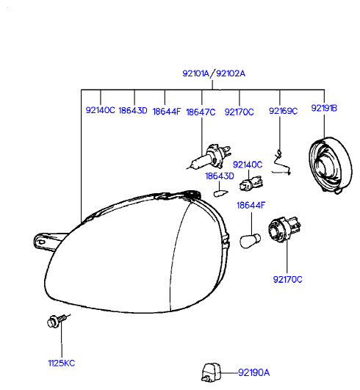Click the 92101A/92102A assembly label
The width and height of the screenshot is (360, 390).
click(x=214, y=73)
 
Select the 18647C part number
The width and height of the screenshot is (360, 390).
click(x=201, y=112)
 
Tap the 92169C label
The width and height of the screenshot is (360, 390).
click(x=283, y=111)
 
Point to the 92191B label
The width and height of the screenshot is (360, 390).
click(x=324, y=108)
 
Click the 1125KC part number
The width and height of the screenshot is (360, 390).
click(x=62, y=363)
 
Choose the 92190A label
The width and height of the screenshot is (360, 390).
click(x=254, y=373)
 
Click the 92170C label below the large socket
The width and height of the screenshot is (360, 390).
click(x=287, y=280)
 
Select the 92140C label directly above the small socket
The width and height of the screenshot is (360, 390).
click(x=248, y=165)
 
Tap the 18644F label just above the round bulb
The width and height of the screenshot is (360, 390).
click(x=251, y=206)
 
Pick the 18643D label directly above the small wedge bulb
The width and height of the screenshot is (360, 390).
click(x=220, y=176)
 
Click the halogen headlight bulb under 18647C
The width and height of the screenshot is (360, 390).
click(x=209, y=156)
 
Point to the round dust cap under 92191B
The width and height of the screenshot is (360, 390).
click(x=331, y=165)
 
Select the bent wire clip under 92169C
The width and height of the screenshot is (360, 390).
click(x=281, y=163)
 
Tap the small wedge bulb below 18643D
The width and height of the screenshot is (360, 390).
click(x=220, y=193)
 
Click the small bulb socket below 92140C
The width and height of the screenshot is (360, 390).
click(x=251, y=184)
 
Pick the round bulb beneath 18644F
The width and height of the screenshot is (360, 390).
click(x=250, y=240)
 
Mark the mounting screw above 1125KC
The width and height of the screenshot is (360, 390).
click(x=57, y=321)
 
